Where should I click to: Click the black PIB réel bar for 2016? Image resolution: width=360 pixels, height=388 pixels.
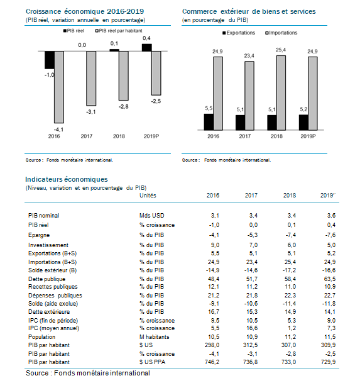(x=50, y=60)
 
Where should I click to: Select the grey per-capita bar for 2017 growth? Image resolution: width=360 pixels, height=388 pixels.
(x=91, y=79)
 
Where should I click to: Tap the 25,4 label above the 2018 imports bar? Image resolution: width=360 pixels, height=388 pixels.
(x=281, y=50)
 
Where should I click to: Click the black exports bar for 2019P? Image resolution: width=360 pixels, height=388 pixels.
(x=303, y=122)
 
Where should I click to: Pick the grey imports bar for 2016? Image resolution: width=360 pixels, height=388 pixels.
(x=218, y=94)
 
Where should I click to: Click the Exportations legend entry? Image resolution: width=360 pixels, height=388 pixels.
(x=239, y=33)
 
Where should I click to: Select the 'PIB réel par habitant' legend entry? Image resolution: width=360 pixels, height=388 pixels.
(x=119, y=31)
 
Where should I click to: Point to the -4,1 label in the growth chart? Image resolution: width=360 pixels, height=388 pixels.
(x=58, y=130)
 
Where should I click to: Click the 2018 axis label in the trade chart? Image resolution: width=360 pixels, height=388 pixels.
(x=276, y=136)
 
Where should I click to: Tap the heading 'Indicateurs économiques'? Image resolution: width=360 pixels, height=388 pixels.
(x=67, y=179)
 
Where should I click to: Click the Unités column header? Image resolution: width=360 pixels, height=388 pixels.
(x=148, y=195)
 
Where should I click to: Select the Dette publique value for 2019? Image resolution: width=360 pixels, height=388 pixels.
(x=330, y=279)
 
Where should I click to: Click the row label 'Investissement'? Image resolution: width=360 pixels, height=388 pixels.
(x=48, y=245)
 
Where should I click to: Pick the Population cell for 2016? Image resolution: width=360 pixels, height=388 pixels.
(x=214, y=337)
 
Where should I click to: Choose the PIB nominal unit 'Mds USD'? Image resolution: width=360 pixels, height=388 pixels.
(x=152, y=215)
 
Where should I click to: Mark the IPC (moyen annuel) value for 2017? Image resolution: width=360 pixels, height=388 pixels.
(x=252, y=328)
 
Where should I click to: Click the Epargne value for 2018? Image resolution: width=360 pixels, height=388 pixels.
(x=290, y=235)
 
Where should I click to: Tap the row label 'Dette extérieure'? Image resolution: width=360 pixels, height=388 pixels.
(x=49, y=311)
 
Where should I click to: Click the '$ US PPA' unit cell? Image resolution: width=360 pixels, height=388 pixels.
(x=152, y=362)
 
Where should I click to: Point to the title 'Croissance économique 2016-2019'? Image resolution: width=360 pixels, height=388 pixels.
(x=85, y=11)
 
